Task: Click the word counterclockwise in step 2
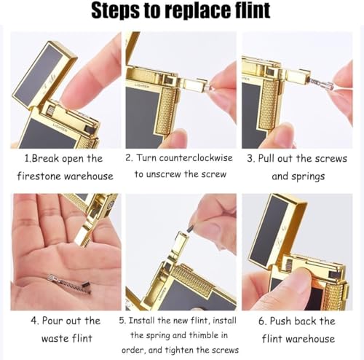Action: tap(196, 158)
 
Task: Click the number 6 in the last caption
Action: tap(261, 321)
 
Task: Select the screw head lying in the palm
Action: tap(52, 278)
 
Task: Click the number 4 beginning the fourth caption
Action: tap(33, 321)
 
